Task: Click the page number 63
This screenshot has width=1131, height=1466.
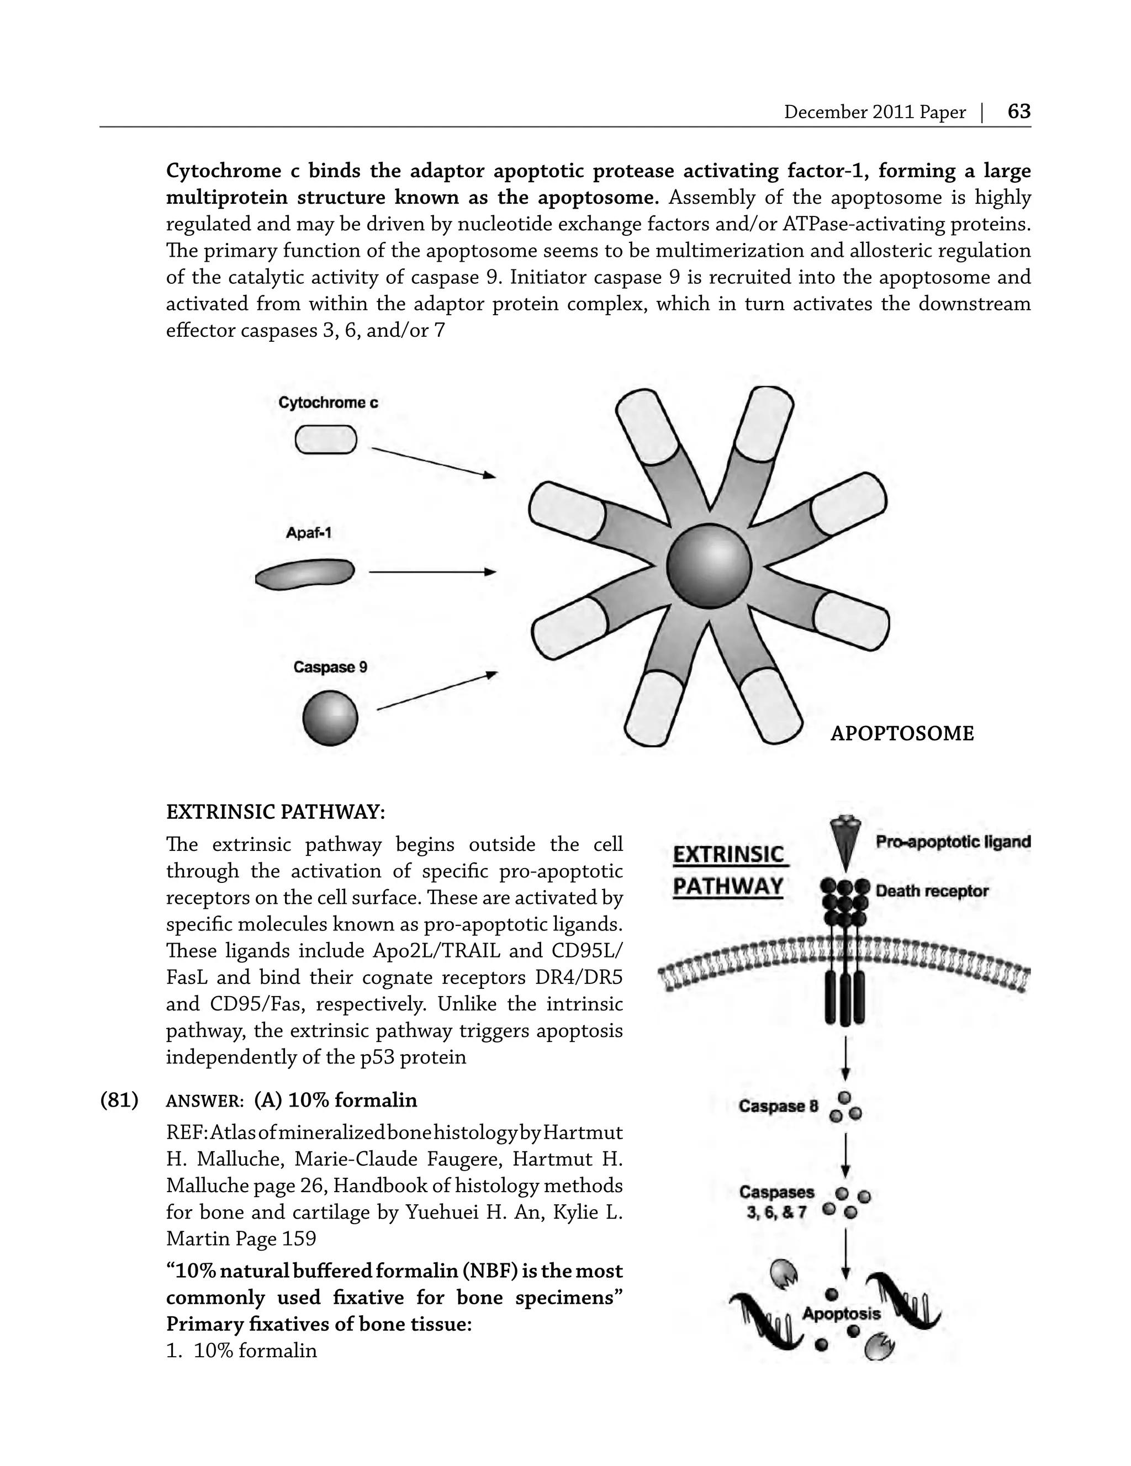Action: click(x=1018, y=112)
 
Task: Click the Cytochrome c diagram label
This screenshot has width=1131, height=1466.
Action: click(x=328, y=403)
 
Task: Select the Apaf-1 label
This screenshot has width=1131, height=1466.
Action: click(x=309, y=533)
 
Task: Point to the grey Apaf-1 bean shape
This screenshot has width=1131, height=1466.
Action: click(x=305, y=574)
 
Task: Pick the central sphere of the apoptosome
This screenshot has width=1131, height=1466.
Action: click(x=709, y=566)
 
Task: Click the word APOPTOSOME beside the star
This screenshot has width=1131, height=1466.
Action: click(x=901, y=734)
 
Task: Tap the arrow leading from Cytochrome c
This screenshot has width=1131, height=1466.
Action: click(x=433, y=463)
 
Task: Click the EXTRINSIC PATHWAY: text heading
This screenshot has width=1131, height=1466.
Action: click(x=275, y=812)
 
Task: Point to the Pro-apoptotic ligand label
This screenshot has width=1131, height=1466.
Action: click(x=953, y=842)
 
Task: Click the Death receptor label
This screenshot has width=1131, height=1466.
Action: click(x=932, y=891)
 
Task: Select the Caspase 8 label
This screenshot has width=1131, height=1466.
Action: click(x=779, y=1105)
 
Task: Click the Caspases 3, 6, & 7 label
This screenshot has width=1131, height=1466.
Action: click(x=777, y=1202)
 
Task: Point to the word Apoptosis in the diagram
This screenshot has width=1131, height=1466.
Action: click(x=841, y=1314)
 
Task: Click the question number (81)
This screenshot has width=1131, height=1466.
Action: click(x=119, y=1100)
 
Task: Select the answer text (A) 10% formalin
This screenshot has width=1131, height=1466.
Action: click(x=336, y=1100)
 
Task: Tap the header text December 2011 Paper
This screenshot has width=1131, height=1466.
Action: click(x=875, y=112)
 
